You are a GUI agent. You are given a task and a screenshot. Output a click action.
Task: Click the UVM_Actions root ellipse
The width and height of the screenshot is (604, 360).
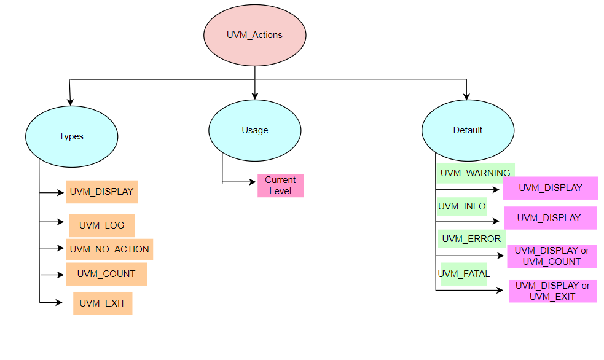click(254, 36)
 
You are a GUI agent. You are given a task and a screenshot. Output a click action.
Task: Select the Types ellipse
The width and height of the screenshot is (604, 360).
click(71, 136)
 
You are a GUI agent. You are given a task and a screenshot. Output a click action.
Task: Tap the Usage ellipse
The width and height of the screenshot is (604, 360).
click(254, 130)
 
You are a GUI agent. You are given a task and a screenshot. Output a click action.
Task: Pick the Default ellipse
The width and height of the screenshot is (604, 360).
click(468, 130)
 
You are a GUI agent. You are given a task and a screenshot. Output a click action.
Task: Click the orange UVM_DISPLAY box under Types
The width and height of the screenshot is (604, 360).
click(102, 192)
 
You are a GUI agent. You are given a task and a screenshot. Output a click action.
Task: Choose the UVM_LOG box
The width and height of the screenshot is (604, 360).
click(102, 225)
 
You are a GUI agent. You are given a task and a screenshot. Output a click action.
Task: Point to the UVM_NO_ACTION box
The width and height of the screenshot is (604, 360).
click(109, 249)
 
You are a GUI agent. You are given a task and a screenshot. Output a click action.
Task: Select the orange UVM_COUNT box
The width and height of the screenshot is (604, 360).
click(106, 274)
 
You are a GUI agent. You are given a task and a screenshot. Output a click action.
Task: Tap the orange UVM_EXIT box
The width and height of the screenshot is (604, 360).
click(103, 303)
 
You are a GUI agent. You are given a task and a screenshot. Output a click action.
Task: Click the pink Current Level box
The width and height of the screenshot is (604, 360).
click(280, 186)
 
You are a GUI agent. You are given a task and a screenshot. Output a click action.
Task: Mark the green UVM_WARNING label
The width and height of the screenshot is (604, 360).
click(475, 173)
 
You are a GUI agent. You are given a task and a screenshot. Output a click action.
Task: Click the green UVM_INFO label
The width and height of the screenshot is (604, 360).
click(462, 206)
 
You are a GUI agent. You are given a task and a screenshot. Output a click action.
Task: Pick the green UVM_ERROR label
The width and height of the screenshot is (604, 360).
click(471, 239)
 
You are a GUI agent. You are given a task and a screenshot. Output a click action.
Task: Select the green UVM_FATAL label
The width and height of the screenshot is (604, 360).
click(464, 274)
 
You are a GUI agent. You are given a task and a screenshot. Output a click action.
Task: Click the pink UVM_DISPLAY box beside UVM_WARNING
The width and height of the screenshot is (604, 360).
click(550, 188)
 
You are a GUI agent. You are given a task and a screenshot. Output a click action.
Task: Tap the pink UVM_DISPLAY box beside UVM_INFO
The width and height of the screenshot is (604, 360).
click(550, 218)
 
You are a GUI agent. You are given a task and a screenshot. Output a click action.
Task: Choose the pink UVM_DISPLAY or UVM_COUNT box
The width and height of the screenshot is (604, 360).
click(552, 256)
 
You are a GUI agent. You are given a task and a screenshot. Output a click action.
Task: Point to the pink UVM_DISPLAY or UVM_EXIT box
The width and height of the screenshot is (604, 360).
click(552, 291)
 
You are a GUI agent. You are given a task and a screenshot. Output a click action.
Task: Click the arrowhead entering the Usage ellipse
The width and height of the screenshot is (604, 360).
click(254, 96)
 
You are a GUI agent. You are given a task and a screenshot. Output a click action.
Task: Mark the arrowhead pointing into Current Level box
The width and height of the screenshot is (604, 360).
click(253, 182)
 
